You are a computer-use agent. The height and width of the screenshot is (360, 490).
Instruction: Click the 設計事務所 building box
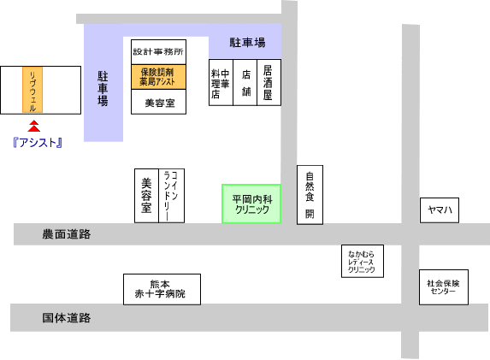tap(158, 52)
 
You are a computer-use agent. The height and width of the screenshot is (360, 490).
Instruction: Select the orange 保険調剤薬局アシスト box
tap(158, 77)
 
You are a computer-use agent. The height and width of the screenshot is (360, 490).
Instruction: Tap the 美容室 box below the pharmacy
tap(158, 102)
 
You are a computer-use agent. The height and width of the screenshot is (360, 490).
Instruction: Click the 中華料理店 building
tap(221, 82)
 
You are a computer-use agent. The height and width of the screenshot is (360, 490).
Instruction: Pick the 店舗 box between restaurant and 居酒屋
tap(245, 82)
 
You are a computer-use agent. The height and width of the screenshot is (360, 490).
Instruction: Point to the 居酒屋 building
tap(269, 82)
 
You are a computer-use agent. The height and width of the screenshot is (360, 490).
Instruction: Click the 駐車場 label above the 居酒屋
tap(247, 43)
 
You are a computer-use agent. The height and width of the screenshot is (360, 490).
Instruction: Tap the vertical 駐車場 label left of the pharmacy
tap(103, 89)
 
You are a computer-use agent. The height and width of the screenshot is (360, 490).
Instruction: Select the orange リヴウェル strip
tap(32, 90)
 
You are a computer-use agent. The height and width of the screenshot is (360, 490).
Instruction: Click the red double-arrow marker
tap(33, 126)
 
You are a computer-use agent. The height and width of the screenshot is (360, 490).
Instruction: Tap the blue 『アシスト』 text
tap(38, 143)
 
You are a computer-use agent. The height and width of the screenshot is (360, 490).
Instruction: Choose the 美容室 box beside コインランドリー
tap(146, 196)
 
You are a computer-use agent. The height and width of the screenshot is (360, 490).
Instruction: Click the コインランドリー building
tap(171, 196)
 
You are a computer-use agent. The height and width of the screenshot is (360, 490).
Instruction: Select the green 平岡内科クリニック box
tap(251, 204)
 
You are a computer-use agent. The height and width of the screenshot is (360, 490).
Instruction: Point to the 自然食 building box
tap(310, 195)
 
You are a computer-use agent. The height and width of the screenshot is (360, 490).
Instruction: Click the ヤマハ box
tap(440, 210)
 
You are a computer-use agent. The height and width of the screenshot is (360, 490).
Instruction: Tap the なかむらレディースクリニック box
tap(363, 262)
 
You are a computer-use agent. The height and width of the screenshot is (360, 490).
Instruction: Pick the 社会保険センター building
tap(444, 287)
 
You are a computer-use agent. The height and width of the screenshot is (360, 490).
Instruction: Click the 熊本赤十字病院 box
tap(162, 289)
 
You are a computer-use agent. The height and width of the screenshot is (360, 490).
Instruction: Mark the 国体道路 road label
tap(67, 318)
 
